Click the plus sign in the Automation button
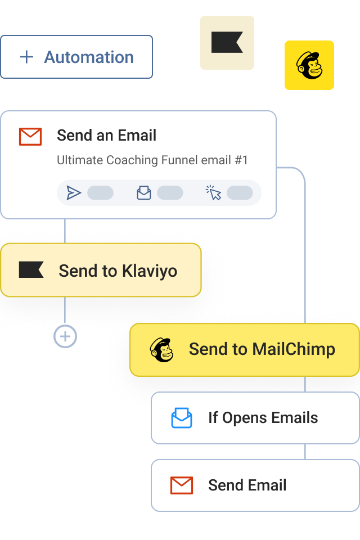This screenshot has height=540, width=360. pyautogui.click(x=26, y=57)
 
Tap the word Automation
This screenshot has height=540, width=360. pyautogui.click(x=89, y=57)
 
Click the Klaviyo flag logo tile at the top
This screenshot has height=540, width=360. pyautogui.click(x=227, y=43)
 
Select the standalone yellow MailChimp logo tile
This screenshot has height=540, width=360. pyautogui.click(x=309, y=65)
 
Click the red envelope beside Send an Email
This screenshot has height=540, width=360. pyautogui.click(x=30, y=136)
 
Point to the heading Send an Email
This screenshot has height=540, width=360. pyautogui.click(x=106, y=136)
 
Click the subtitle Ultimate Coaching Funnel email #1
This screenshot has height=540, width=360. pyautogui.click(x=152, y=160)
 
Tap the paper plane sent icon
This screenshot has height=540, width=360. pyautogui.click(x=74, y=193)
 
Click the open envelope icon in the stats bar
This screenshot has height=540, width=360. pyautogui.click(x=144, y=193)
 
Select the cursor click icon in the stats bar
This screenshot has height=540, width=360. pyautogui.click(x=213, y=193)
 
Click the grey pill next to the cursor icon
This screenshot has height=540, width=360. pyautogui.click(x=240, y=193)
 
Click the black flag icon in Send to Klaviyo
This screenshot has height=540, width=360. pyautogui.click(x=31, y=270)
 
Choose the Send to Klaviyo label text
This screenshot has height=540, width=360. pyautogui.click(x=118, y=271)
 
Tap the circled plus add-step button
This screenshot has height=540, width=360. pyautogui.click(x=65, y=337)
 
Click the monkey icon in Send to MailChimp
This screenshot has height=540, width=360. pyautogui.click(x=162, y=349)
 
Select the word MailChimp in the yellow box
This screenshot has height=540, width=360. pyautogui.click(x=294, y=349)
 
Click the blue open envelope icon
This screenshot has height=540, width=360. pyautogui.click(x=182, y=418)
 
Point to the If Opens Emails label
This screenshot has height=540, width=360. pyautogui.click(x=263, y=418)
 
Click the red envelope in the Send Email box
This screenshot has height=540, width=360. pyautogui.click(x=182, y=485)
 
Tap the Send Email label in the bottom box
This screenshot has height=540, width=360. pyautogui.click(x=247, y=485)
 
